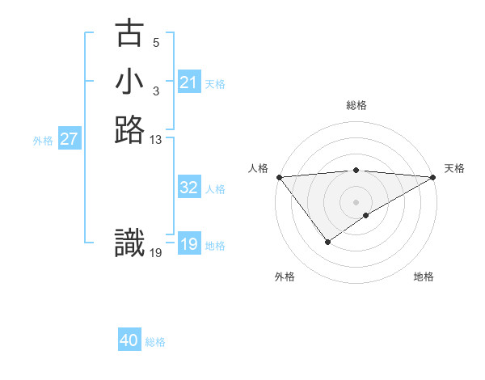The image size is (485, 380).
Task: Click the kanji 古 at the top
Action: (130, 34)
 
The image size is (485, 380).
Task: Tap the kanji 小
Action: (130, 82)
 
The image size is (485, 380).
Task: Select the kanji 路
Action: (130, 129)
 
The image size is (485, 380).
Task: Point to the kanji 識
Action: (130, 243)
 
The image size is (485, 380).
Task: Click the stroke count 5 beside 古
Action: (156, 43)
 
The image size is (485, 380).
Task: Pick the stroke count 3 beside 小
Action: (156, 91)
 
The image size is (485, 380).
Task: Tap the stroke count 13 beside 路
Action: (156, 140)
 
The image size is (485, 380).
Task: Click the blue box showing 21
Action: (189, 82)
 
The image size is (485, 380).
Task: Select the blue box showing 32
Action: (189, 188)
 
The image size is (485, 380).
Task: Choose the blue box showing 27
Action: (70, 139)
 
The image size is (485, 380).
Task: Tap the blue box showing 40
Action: (129, 340)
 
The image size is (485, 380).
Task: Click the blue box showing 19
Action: (189, 244)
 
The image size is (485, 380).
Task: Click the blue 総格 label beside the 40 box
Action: (155, 342)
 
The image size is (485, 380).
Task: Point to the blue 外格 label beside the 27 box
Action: (43, 141)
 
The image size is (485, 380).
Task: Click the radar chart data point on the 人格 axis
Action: (279, 177)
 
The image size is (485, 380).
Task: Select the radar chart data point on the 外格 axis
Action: (327, 242)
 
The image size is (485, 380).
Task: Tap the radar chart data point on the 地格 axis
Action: (366, 215)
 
